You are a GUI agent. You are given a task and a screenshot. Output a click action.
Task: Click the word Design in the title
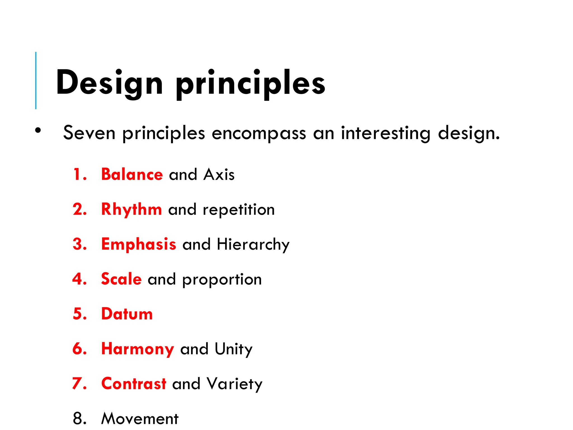tap(109, 83)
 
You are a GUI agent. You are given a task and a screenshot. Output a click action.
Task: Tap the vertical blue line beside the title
tap(36, 80)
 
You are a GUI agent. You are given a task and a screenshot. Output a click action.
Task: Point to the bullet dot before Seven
tap(38, 130)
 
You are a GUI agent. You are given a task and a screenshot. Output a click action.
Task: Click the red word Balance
tap(132, 174)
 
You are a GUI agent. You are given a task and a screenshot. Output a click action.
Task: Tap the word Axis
tap(219, 175)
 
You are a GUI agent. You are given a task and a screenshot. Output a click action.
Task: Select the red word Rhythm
tap(131, 210)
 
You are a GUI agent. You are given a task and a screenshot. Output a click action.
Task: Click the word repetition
tap(239, 210)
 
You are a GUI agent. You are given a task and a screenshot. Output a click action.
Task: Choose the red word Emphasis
tap(138, 244)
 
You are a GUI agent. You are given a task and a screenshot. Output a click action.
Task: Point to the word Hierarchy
tap(253, 245)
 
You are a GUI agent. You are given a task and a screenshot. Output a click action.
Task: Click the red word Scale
tap(121, 279)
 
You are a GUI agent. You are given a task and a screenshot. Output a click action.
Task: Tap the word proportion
tap(222, 280)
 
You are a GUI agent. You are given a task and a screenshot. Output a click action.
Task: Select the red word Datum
tap(127, 314)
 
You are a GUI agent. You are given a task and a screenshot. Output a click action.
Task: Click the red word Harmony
tap(138, 349)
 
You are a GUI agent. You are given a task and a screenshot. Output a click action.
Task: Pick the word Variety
tap(234, 384)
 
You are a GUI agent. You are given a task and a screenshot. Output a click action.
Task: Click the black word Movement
tap(140, 419)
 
